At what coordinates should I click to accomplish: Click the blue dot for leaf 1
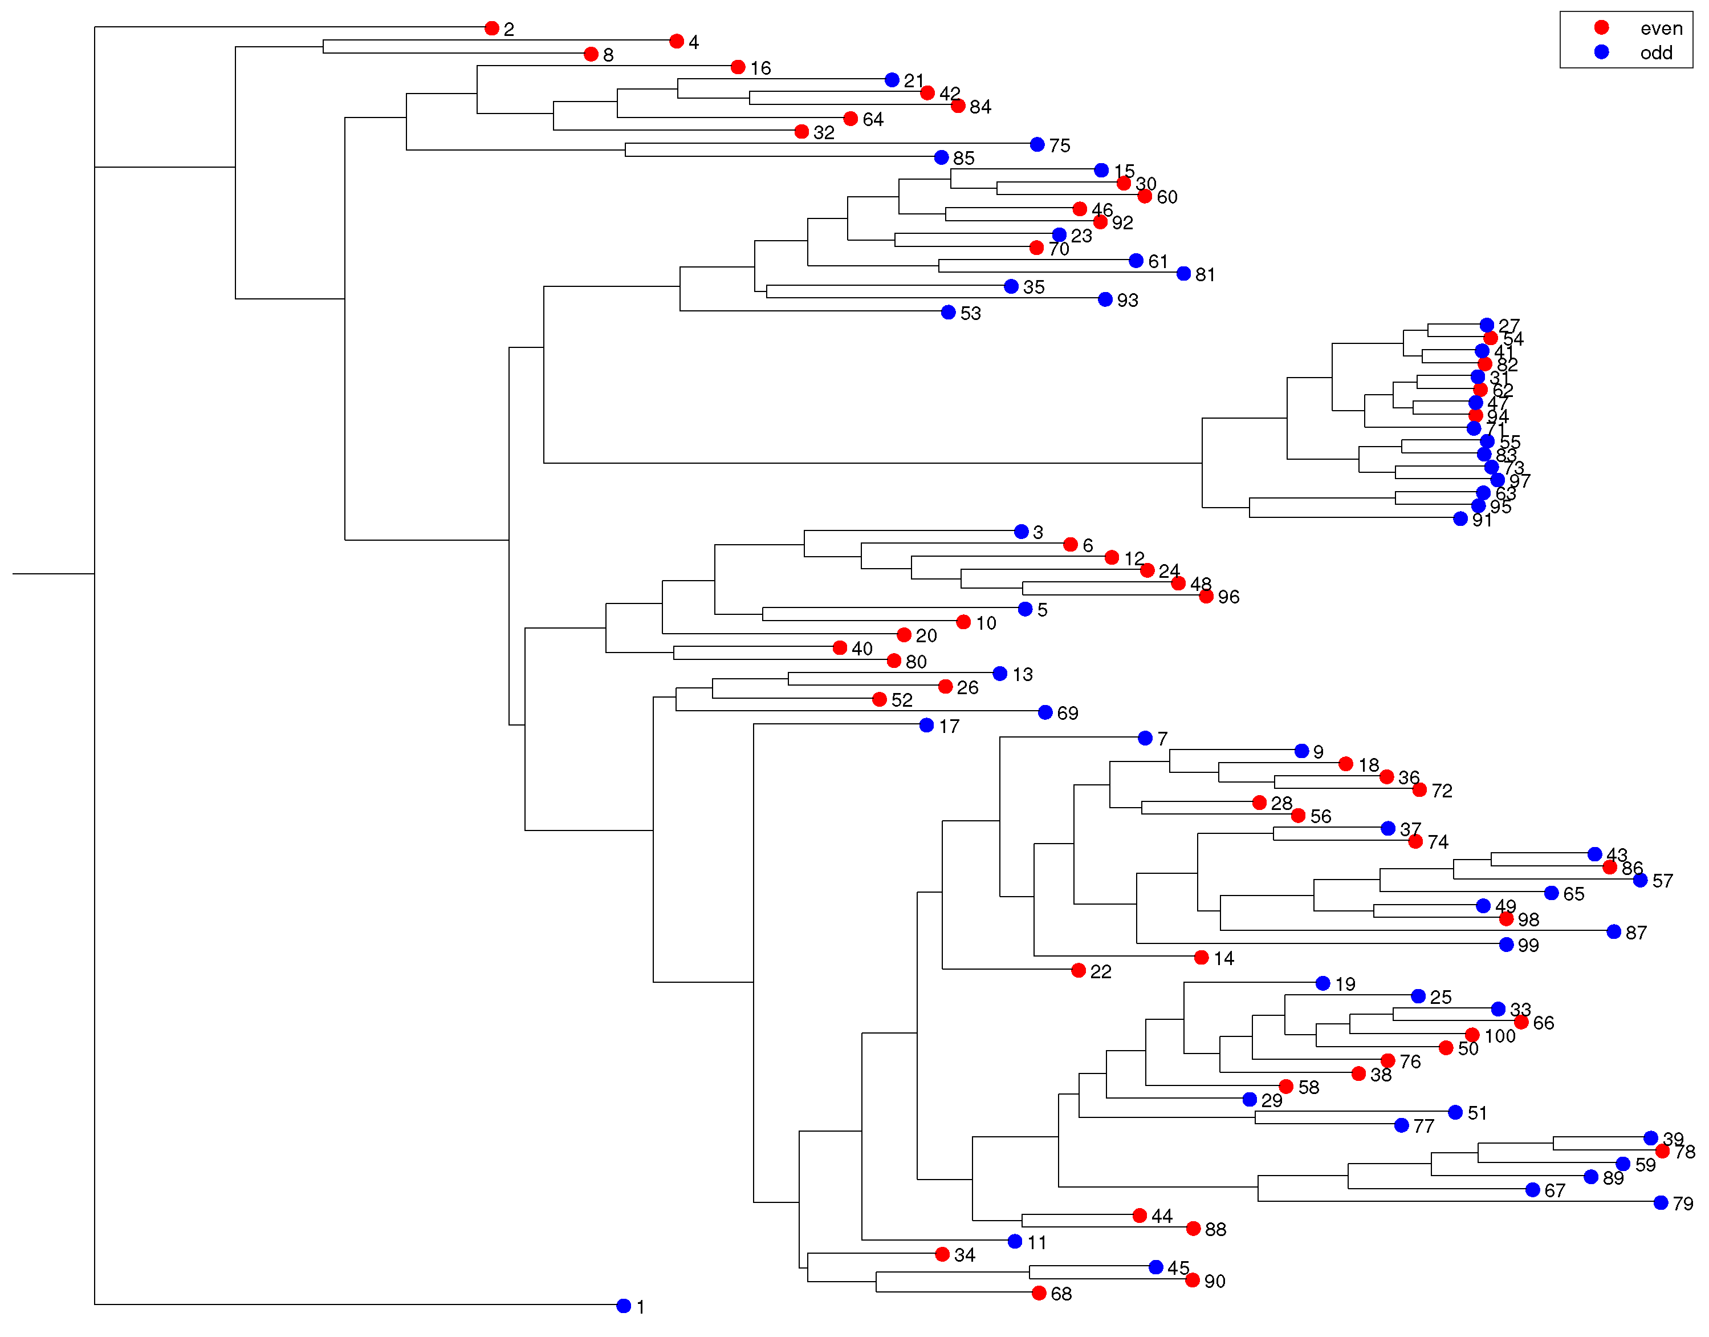[624, 1306]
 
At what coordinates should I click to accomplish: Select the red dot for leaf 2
[491, 28]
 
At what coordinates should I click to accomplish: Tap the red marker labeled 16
[738, 67]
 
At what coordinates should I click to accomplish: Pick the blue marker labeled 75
[1037, 144]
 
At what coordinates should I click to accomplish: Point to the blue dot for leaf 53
[949, 313]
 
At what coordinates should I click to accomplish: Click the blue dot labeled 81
[1184, 273]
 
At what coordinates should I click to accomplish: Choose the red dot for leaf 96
[1207, 597]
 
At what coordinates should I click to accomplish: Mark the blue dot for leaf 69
[1045, 712]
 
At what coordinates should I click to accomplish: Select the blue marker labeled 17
[926, 726]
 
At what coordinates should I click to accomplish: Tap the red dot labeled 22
[1079, 971]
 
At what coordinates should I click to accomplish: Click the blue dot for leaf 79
[1661, 1202]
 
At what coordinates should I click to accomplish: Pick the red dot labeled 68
[1039, 1293]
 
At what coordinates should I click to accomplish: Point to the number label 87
[1636, 932]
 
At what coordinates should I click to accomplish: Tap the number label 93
[1128, 300]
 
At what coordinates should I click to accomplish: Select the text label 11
[1037, 1242]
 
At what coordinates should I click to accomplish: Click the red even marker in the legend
[1602, 27]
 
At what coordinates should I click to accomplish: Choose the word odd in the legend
[1657, 52]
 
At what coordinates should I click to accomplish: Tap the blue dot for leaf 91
[1460, 518]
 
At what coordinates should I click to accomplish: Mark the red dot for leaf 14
[1202, 957]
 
